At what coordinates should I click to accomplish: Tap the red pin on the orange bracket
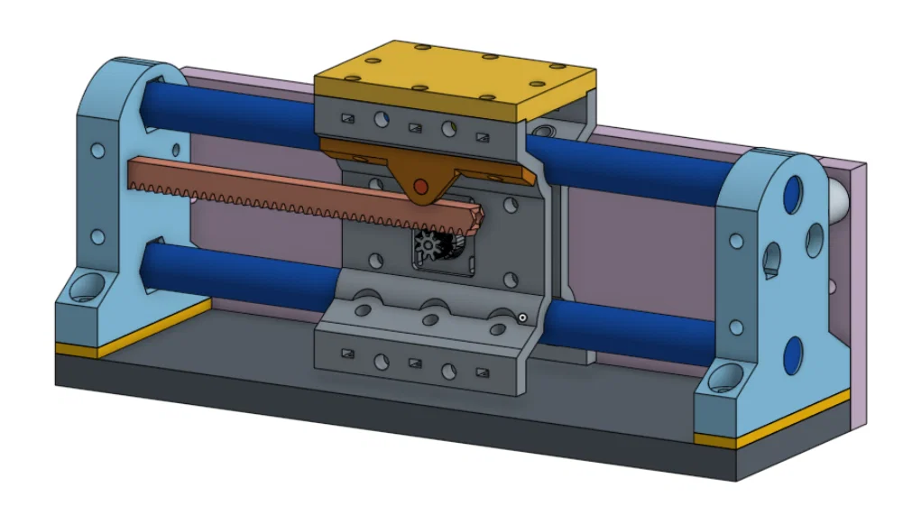point(419,187)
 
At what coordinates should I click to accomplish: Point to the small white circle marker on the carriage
point(522,317)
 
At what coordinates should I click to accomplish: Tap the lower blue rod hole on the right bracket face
point(793,354)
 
